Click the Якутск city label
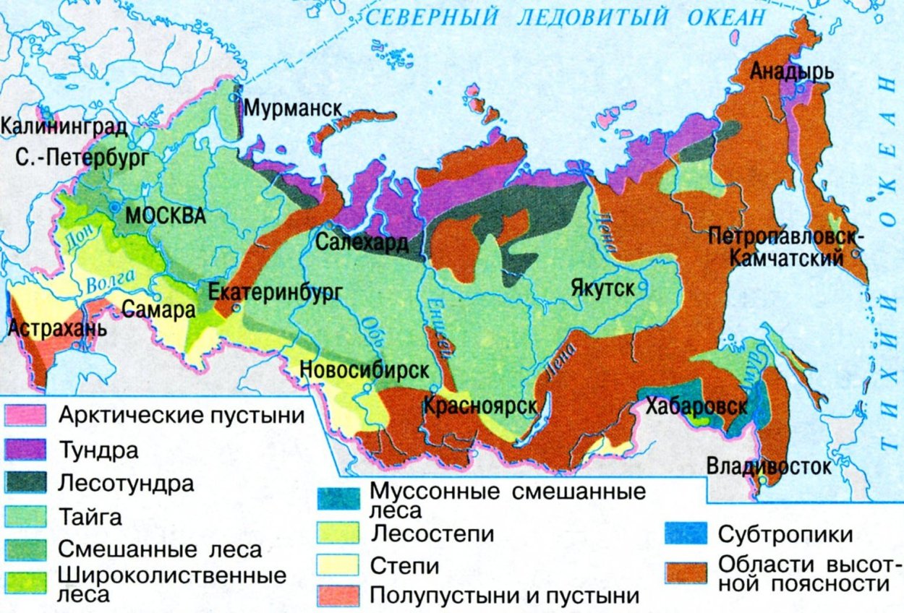click(602, 288)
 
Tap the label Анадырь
click(792, 72)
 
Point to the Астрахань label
click(57, 329)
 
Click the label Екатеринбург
click(273, 292)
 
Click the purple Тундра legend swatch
click(25, 450)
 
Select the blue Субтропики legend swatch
click(685, 534)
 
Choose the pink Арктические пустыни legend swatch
click(25, 415)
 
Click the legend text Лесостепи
click(432, 534)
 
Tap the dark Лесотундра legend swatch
click(25, 483)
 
